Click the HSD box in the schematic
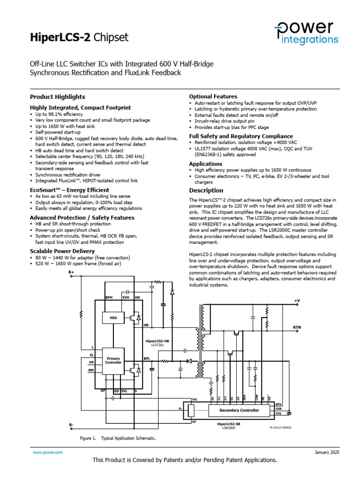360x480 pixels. point(113,318)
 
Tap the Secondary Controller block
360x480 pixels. point(240,410)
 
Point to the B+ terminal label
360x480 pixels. point(71,272)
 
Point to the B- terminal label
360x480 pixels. point(71,425)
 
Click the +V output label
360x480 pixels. point(297,300)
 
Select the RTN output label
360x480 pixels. point(297,327)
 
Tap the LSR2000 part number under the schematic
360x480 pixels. point(229,428)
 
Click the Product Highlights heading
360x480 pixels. point(58,97)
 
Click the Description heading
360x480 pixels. point(206,190)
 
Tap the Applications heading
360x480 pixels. point(206,164)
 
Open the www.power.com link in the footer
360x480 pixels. point(47,452)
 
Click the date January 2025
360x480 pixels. point(326,452)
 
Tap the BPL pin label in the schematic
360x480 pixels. point(146,358)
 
